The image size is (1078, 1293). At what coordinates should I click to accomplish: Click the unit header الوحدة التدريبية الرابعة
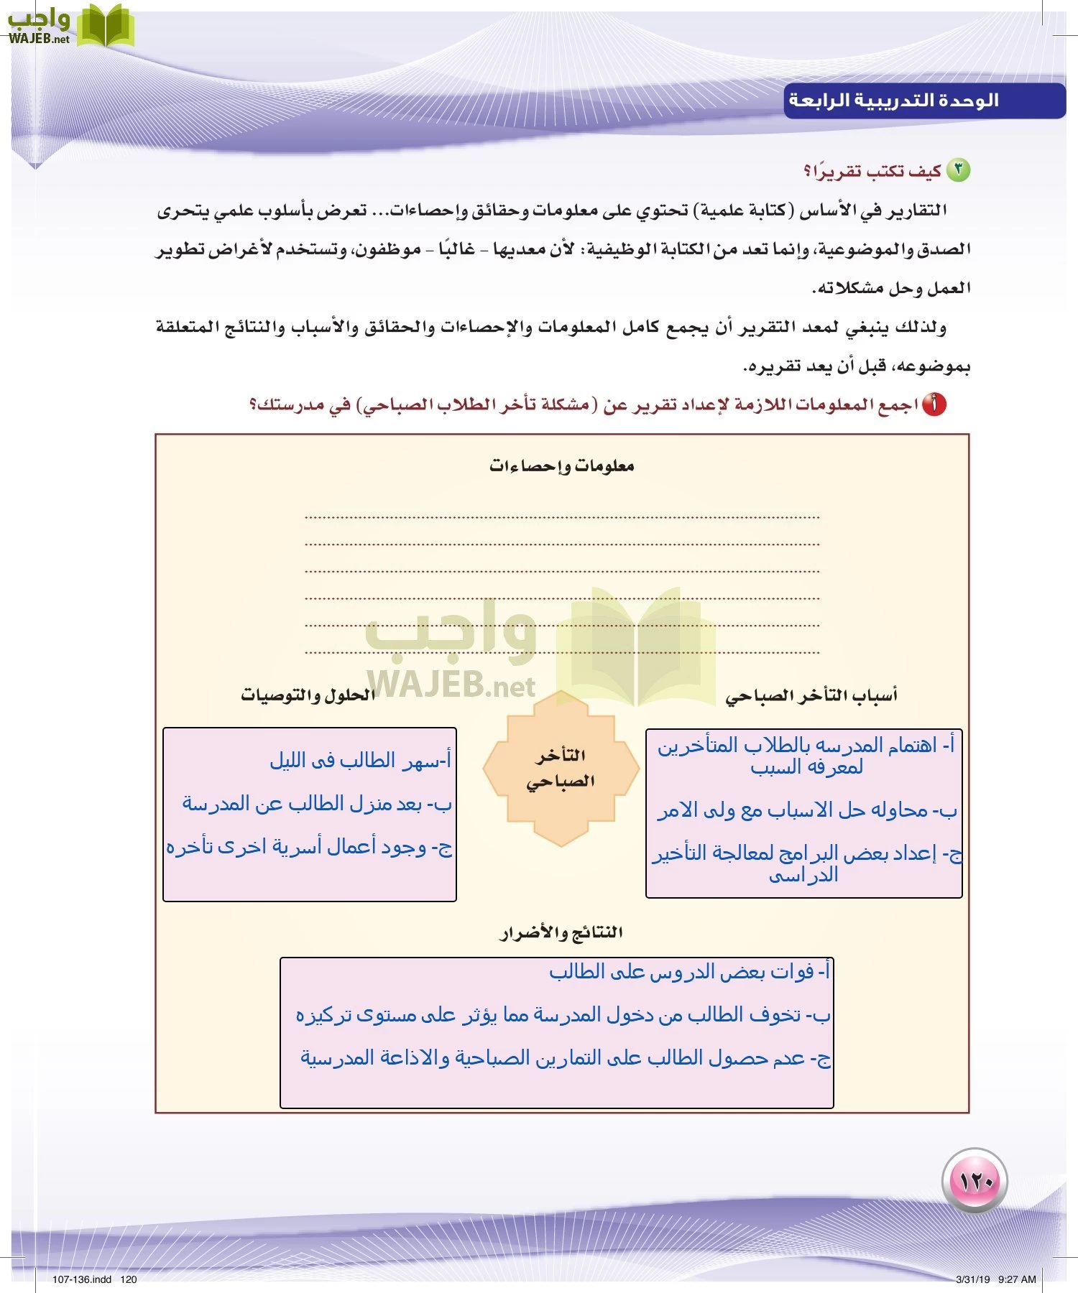(x=893, y=100)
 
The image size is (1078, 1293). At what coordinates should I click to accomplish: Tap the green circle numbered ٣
(x=958, y=170)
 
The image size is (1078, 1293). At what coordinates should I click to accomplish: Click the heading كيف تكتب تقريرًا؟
(x=872, y=171)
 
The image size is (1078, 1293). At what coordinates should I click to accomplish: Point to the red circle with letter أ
(x=934, y=404)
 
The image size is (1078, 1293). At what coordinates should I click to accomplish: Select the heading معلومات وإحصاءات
(x=561, y=465)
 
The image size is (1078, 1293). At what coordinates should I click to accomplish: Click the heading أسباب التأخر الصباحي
(x=811, y=695)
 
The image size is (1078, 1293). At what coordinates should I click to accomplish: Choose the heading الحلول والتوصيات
(x=308, y=695)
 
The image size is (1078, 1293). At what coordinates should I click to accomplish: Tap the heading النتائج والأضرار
(x=561, y=932)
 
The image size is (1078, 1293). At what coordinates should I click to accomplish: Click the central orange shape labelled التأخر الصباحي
(x=561, y=768)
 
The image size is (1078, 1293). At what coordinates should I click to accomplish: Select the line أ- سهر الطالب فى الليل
(x=360, y=760)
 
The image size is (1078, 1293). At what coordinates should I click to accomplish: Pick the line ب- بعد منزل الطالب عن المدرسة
(x=317, y=803)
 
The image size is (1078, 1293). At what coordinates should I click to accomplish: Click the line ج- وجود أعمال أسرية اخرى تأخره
(x=309, y=847)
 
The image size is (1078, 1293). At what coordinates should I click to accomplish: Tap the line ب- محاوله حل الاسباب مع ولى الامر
(x=807, y=810)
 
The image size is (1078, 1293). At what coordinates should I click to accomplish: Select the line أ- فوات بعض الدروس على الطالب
(x=689, y=972)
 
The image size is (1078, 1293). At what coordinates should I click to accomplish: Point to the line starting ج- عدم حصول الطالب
(x=566, y=1058)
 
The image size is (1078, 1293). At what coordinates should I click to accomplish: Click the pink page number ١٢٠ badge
(x=975, y=1181)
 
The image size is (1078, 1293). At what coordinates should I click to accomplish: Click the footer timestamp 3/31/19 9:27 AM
(x=995, y=1279)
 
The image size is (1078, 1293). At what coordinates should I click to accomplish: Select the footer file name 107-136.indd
(x=82, y=1279)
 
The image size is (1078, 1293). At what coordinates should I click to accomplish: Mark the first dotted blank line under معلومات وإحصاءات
(x=561, y=516)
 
